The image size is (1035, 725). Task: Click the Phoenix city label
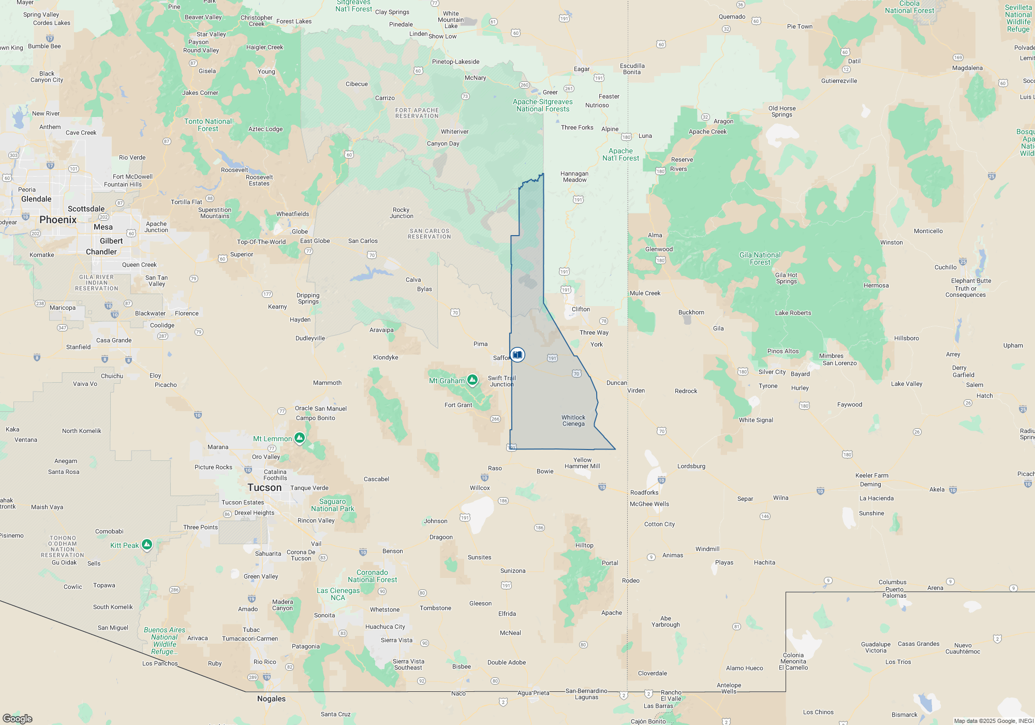coord(58,220)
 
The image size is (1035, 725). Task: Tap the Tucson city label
coord(264,488)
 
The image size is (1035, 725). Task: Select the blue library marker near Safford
coord(517,355)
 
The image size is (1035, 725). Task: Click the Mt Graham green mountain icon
coord(472,380)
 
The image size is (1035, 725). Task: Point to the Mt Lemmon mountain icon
coord(299,438)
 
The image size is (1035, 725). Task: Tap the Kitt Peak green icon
coord(147,544)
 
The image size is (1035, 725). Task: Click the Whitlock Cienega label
coord(573,421)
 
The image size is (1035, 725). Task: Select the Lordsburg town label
coord(691,466)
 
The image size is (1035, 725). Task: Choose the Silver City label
coord(772,372)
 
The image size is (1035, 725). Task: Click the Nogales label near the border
coord(271,699)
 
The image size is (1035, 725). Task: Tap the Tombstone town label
coord(435,608)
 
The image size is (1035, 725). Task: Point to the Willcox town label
coord(480,488)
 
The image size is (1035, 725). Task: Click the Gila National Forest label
coord(760,258)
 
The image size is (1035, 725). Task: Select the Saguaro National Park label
coord(332,505)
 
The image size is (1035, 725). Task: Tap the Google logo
coord(18,719)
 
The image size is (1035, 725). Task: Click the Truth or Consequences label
coord(965,292)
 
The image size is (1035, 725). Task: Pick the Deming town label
coord(870,484)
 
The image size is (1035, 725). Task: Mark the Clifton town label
coord(581,309)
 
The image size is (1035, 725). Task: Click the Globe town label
coord(300,231)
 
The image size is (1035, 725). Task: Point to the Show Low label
coord(442,36)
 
